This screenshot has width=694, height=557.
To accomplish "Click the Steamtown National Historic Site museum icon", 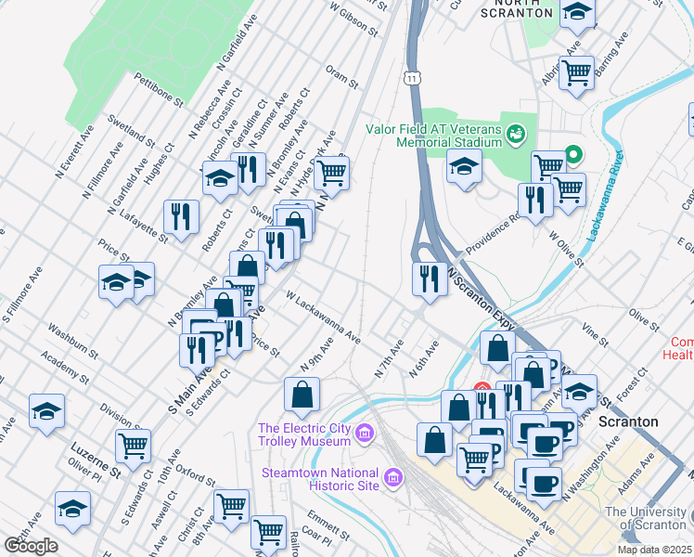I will (x=393, y=479).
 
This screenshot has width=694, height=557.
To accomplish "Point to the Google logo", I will (x=31, y=546).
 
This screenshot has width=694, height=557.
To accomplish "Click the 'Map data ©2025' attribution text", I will (x=653, y=550).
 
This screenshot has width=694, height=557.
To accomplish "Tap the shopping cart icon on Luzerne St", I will (x=134, y=445).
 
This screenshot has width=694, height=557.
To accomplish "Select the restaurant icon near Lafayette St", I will (x=181, y=215).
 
